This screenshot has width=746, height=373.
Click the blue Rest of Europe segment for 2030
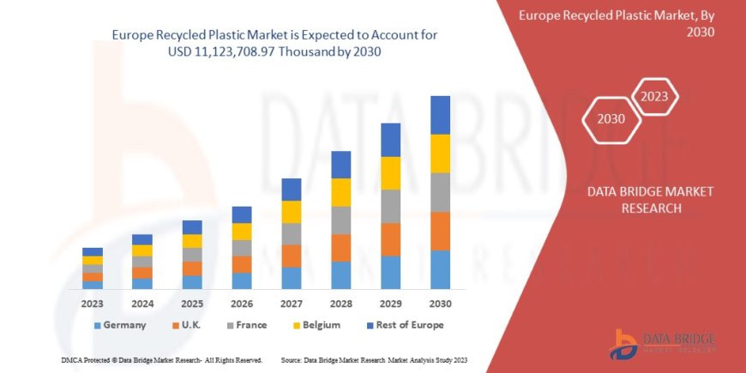click(x=440, y=115)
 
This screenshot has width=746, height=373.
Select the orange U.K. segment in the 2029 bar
click(x=390, y=239)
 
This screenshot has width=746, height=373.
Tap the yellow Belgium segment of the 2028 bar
click(x=340, y=192)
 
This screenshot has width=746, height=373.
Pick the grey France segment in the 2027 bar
click(x=291, y=234)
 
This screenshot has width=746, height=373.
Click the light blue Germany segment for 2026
click(x=242, y=280)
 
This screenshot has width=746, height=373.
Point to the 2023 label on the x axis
click(x=93, y=304)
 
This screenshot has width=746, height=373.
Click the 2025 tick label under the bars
click(x=192, y=304)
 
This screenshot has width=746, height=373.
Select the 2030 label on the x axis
click(x=440, y=304)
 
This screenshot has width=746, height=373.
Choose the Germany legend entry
click(x=119, y=325)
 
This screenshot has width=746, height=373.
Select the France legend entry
click(x=246, y=325)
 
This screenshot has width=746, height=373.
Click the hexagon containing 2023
click(x=655, y=96)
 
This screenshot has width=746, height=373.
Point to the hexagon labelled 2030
click(x=611, y=119)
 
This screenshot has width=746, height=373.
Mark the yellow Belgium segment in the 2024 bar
click(x=142, y=250)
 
